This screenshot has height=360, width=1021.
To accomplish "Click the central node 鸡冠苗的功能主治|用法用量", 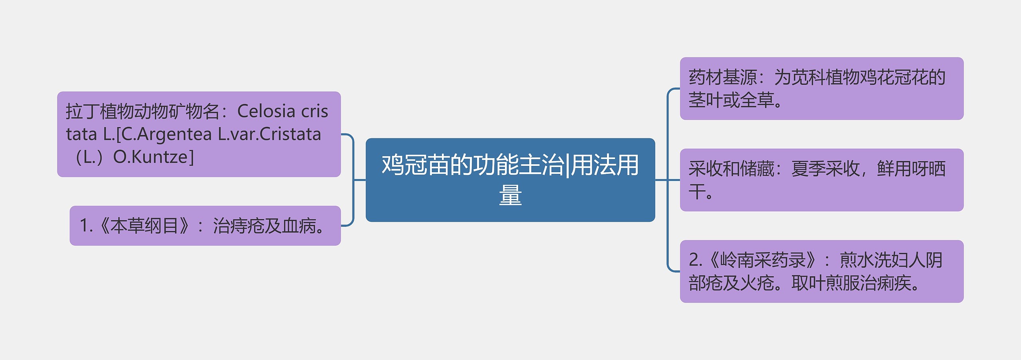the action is [510, 180].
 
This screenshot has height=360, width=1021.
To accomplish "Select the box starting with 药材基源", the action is [822, 89].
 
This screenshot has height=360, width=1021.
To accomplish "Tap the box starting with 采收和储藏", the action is [822, 180].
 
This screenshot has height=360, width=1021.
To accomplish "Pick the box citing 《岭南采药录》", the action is [822, 271].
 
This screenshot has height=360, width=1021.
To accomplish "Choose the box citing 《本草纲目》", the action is [205, 226].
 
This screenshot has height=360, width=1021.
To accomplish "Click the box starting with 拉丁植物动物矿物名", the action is [199, 134].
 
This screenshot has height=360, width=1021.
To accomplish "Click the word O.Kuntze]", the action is [154, 157].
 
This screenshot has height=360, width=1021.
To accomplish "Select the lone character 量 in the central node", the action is [510, 195].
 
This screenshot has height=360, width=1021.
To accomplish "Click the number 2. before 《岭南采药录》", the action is [696, 260].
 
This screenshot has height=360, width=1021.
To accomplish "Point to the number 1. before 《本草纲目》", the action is [86, 226].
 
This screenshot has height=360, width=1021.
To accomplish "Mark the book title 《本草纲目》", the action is [144, 226].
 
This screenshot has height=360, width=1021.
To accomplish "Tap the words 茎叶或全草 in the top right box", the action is [731, 100].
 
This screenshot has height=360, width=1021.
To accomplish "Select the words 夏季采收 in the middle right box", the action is [825, 169].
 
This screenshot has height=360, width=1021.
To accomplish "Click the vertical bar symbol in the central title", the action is [568, 165].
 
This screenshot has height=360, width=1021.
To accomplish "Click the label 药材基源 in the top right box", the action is [722, 77].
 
